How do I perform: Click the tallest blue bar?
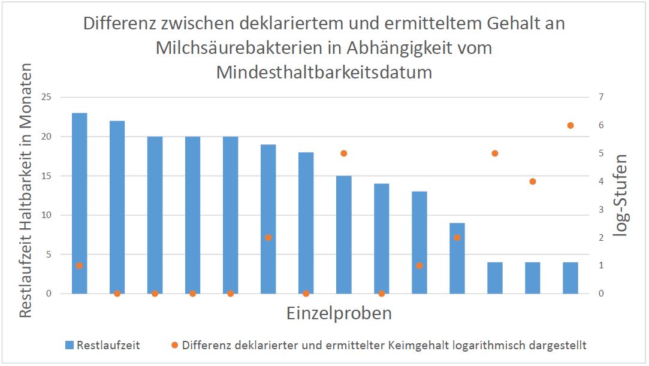coord(79,203)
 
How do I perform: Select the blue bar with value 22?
coord(117,207)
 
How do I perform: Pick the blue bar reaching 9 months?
coord(457,258)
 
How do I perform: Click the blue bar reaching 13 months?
coord(419,243)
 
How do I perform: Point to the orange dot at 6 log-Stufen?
coord(570,125)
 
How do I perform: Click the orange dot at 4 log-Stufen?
coord(533,182)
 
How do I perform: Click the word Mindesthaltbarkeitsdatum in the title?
coord(324,72)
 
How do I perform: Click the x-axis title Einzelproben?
coord(339,313)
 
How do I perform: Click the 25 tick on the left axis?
coord(47,97)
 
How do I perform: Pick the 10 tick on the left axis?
coord(47,215)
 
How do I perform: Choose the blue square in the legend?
coord(68,345)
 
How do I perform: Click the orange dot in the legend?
coord(174,345)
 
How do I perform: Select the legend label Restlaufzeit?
coord(108,345)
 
